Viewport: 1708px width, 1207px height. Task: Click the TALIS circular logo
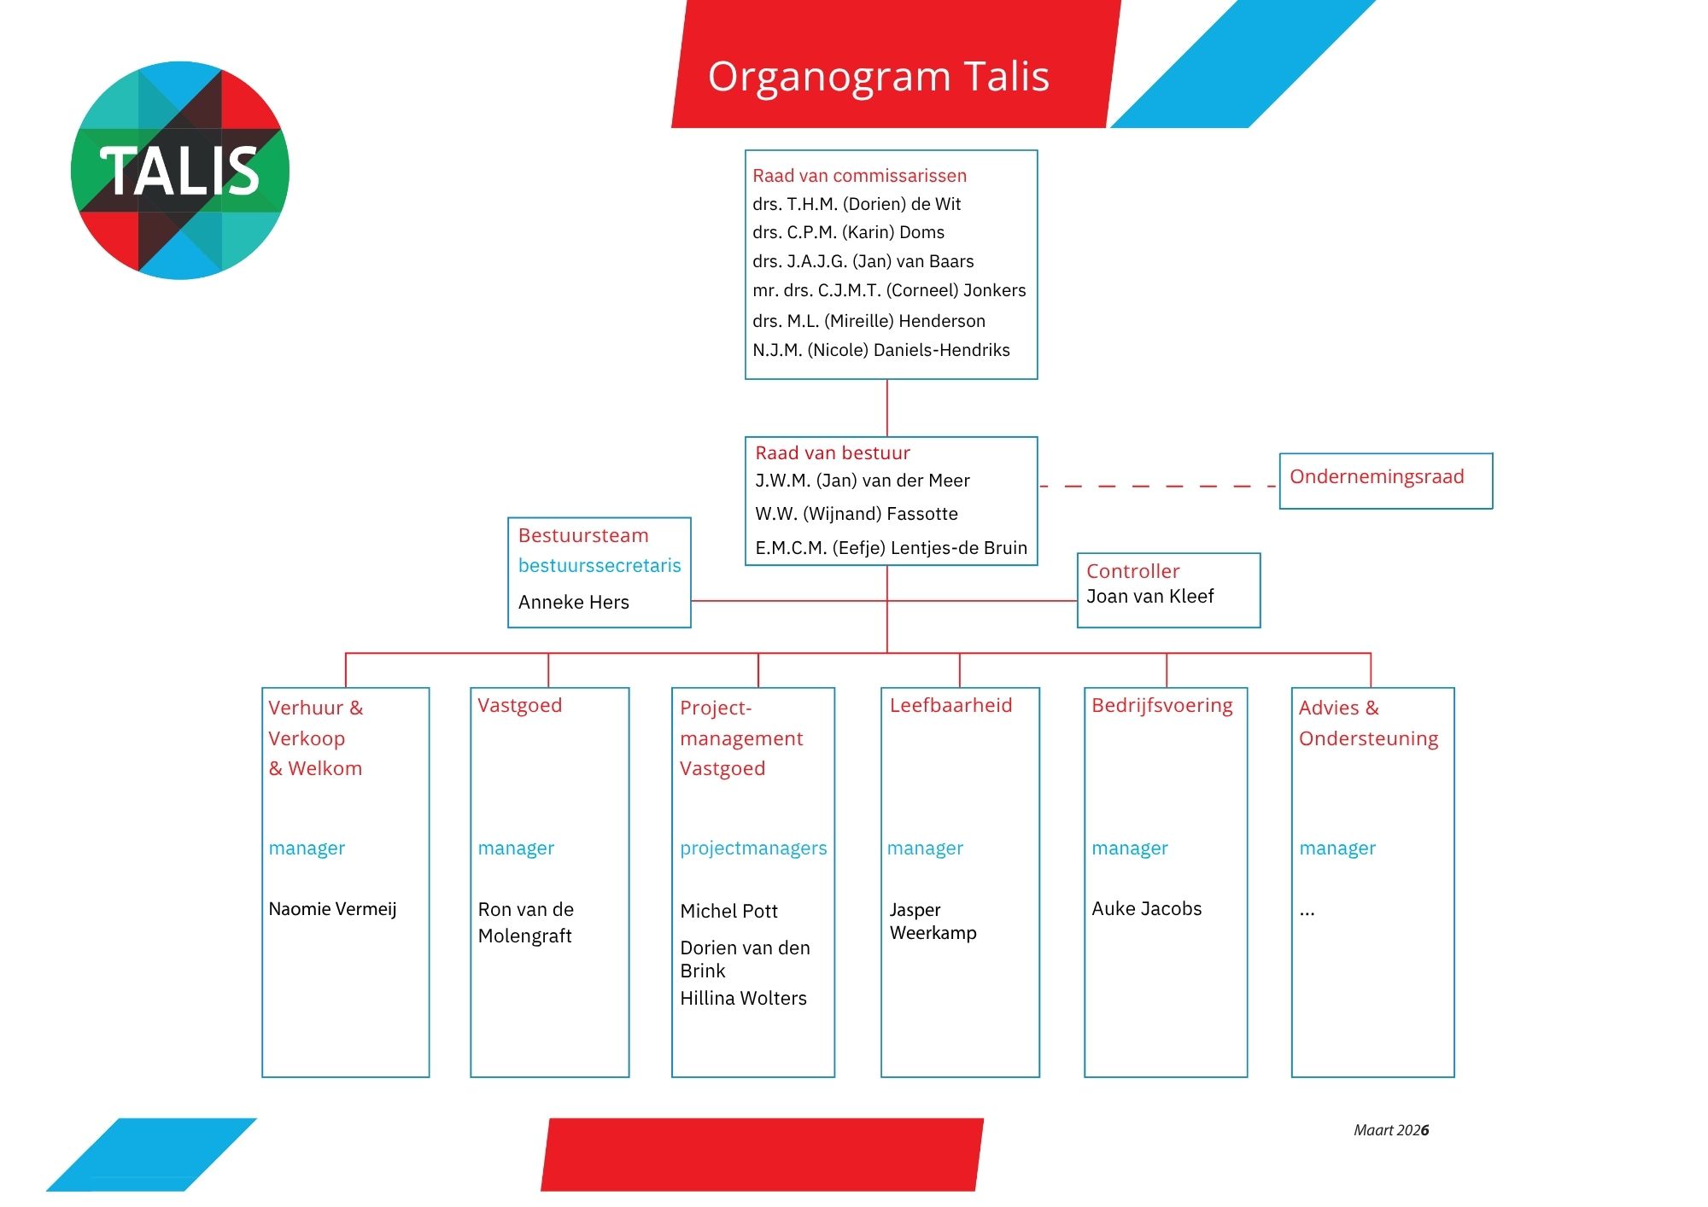click(x=180, y=170)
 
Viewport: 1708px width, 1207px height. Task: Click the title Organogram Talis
click(x=878, y=77)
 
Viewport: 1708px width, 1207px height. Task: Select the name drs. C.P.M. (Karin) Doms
click(x=848, y=232)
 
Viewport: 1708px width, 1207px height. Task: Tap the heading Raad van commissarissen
click(x=859, y=176)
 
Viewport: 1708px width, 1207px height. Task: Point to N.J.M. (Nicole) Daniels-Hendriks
click(x=880, y=350)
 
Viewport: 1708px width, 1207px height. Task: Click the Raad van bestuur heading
click(x=833, y=453)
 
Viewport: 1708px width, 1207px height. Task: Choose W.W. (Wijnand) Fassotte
click(x=856, y=514)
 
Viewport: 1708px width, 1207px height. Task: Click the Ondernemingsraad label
click(x=1377, y=476)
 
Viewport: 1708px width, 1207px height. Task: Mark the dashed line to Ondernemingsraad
click(x=1157, y=486)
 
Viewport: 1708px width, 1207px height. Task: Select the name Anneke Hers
click(x=573, y=603)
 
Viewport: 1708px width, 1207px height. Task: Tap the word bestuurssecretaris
click(x=600, y=565)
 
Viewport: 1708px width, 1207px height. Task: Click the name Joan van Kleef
click(x=1149, y=597)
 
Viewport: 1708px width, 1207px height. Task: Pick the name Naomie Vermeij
click(x=332, y=909)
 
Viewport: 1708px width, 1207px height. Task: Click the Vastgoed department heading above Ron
click(x=519, y=706)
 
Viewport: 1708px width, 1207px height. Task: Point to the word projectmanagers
click(x=753, y=848)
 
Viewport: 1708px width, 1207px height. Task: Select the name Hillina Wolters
click(x=743, y=999)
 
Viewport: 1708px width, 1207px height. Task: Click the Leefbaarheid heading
click(x=951, y=706)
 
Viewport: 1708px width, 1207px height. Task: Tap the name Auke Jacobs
click(x=1146, y=909)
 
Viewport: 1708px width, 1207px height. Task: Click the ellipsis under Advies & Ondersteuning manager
click(x=1307, y=913)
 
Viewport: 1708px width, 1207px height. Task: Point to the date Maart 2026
click(x=1390, y=1130)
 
